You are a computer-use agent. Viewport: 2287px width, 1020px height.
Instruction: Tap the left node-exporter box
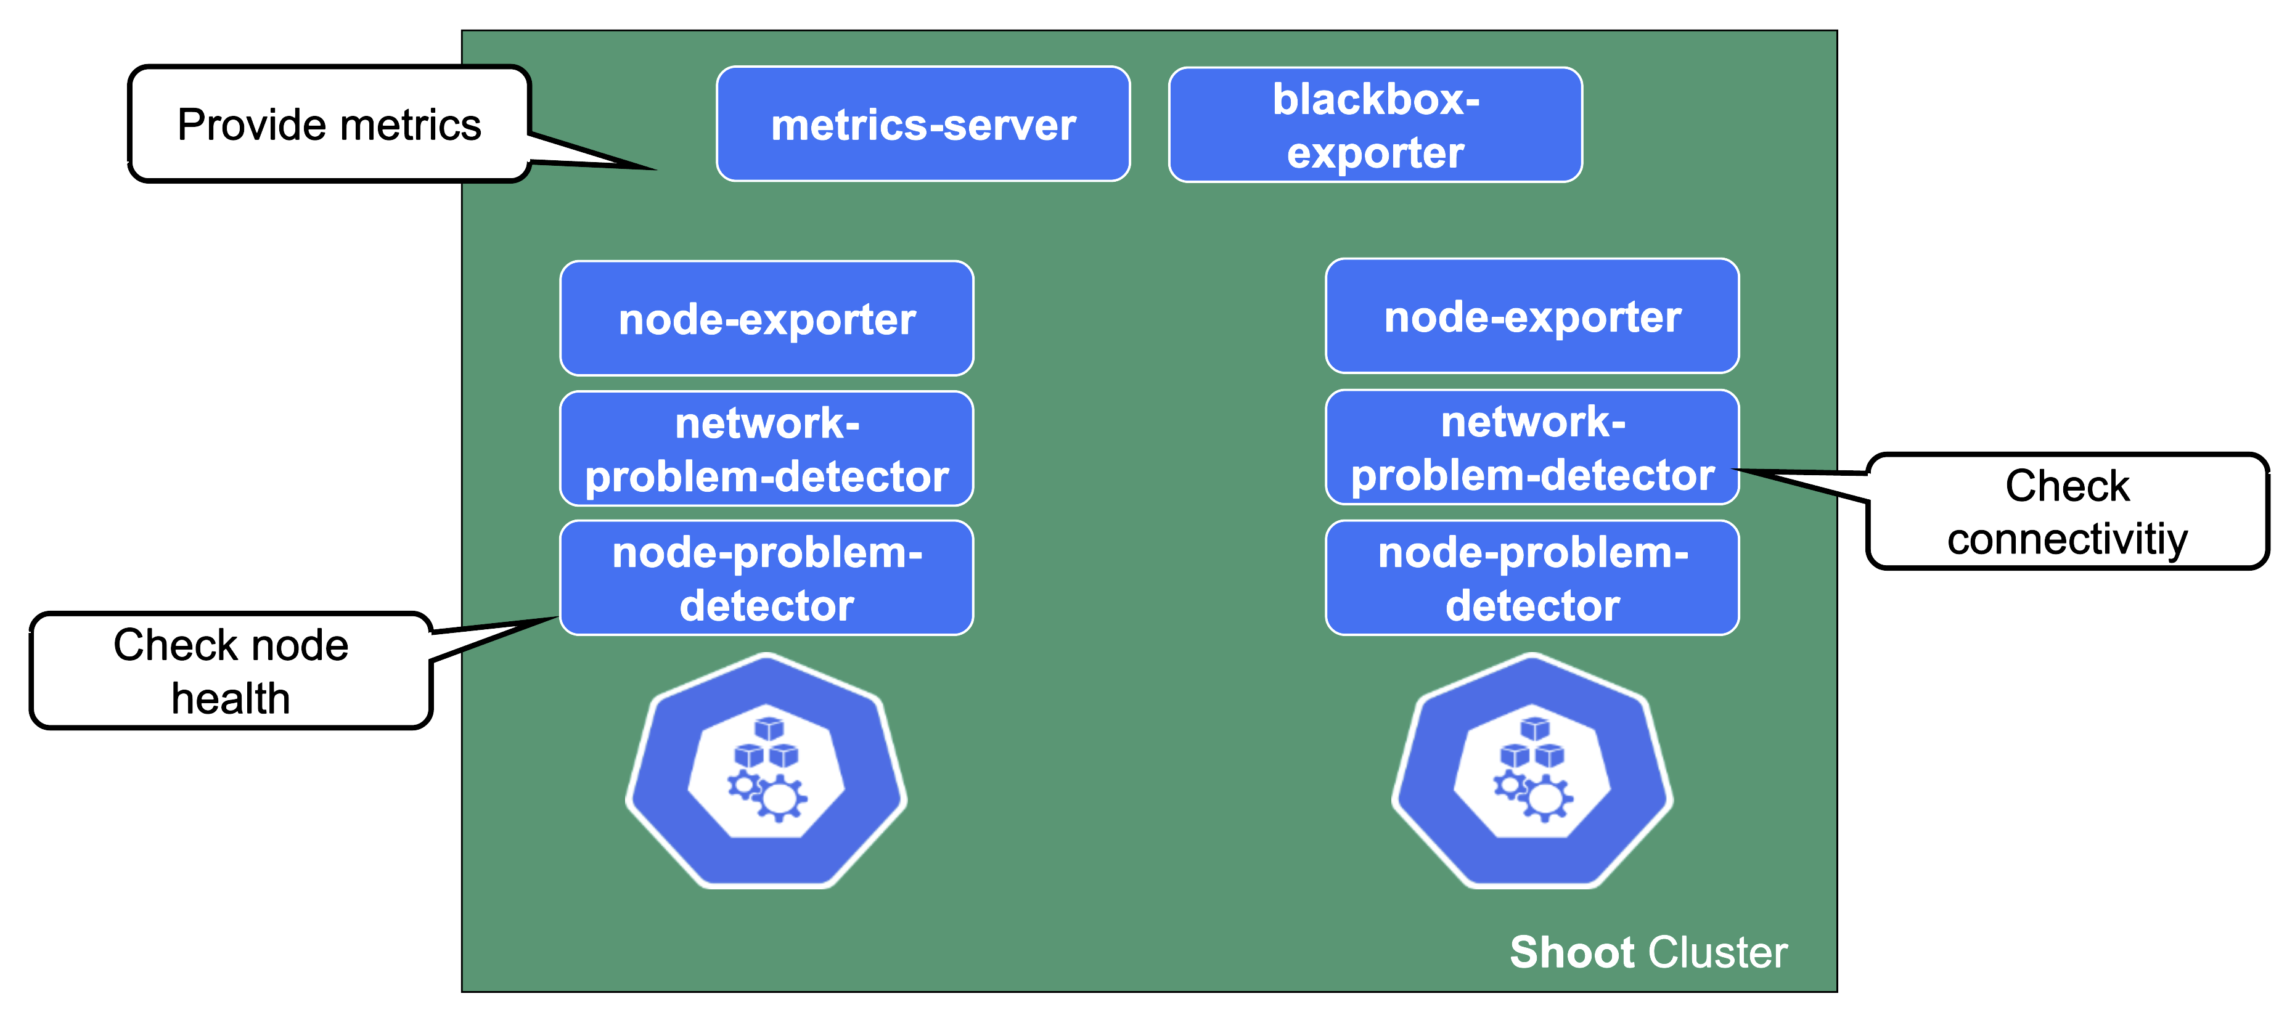[x=766, y=319]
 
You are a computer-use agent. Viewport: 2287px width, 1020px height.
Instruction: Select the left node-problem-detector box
[x=766, y=578]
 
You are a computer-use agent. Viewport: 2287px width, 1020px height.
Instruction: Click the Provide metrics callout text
[x=329, y=124]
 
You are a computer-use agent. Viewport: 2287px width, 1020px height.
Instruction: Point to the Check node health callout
[x=230, y=670]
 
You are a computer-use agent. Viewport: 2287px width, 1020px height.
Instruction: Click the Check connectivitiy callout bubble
[x=2067, y=512]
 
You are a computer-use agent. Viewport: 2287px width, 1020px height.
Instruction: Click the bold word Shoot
[x=1571, y=953]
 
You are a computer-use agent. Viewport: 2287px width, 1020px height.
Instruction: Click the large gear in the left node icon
[x=780, y=797]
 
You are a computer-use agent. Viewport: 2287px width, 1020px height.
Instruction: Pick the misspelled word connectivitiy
[x=2067, y=539]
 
